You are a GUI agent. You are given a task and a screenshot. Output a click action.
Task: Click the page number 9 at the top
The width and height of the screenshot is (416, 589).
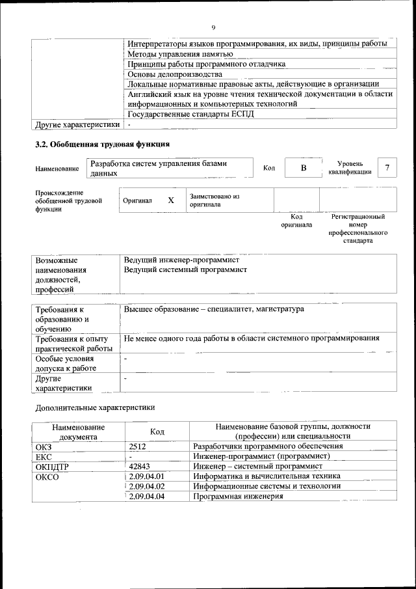click(x=213, y=27)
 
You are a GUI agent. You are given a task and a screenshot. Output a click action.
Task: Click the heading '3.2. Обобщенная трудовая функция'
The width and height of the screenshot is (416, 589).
click(x=102, y=143)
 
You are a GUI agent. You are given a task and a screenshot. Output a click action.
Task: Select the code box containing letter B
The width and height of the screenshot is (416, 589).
click(x=303, y=169)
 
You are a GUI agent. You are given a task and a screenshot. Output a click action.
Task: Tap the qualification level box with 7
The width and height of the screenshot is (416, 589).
click(x=387, y=169)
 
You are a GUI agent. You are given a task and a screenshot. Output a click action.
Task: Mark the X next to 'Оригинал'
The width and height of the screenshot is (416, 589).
click(x=171, y=200)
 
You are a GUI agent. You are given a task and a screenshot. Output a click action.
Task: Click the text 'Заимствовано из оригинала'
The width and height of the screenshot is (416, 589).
click(x=214, y=200)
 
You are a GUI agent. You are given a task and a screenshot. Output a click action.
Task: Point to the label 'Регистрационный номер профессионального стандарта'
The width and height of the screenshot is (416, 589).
click(x=358, y=228)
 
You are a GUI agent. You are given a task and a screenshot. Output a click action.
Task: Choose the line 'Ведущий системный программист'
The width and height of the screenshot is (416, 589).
click(x=185, y=269)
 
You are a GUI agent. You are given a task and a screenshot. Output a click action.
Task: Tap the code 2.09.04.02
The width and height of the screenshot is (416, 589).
click(x=147, y=486)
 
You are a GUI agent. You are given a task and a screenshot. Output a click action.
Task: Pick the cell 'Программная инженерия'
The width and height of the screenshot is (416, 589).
click(x=239, y=497)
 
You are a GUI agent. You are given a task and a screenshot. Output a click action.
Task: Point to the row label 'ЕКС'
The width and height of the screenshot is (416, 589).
click(x=43, y=457)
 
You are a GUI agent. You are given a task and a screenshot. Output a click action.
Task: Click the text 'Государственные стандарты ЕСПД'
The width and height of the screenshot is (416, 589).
click(x=190, y=114)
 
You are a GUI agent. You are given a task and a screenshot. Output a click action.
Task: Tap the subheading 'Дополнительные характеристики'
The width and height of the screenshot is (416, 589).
click(x=94, y=407)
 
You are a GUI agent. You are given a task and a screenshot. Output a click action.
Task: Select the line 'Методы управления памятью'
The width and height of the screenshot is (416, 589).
click(x=179, y=54)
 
